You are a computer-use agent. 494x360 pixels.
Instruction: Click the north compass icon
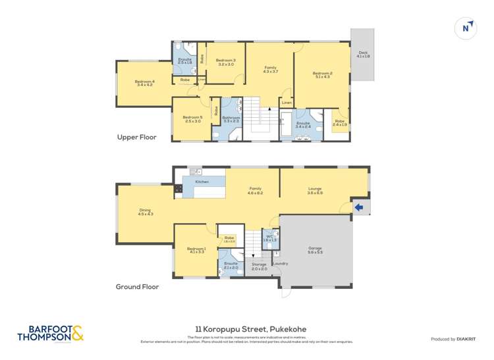click(466, 27)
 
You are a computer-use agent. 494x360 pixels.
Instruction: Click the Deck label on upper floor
click(363, 55)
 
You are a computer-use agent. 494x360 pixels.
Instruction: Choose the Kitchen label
click(202, 182)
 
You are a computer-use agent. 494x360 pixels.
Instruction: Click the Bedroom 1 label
click(197, 250)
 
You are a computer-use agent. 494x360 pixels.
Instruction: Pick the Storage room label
click(259, 266)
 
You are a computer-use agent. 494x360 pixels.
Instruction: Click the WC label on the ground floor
click(269, 238)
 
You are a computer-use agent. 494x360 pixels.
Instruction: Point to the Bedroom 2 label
click(322, 74)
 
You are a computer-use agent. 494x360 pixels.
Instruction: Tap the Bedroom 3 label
click(225, 62)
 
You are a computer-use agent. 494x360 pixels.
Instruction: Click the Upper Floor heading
click(136, 138)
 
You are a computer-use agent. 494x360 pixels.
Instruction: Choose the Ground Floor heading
click(137, 287)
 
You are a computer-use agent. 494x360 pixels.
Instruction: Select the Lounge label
click(315, 190)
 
